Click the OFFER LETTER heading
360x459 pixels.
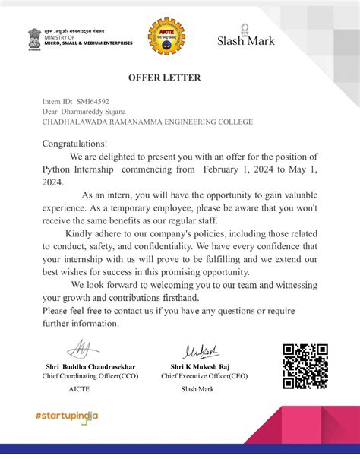179,78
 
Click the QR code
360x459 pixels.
305,366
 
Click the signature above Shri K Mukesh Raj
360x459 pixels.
201,351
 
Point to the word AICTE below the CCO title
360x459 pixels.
79,388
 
